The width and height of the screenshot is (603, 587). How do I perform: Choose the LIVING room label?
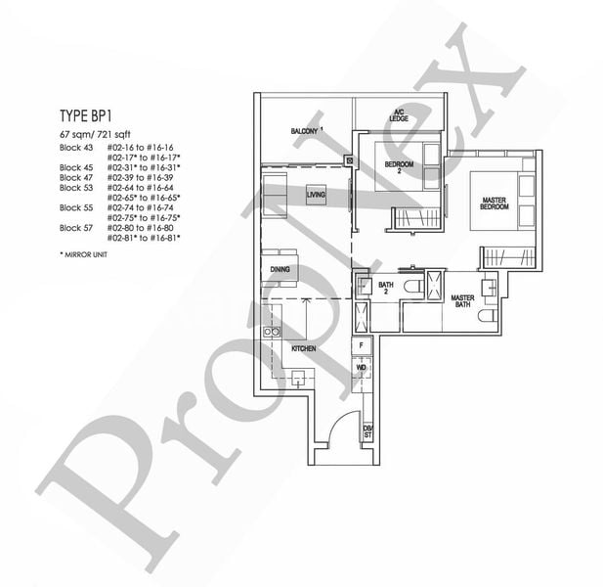coord(316,195)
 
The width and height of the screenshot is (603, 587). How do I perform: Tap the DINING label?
coord(278,270)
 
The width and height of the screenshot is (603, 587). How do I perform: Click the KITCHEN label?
coord(302,348)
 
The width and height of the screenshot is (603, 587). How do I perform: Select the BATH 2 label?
coord(385,288)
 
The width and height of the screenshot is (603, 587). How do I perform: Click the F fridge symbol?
coord(362,345)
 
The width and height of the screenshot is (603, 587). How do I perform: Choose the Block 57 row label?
coord(74,228)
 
